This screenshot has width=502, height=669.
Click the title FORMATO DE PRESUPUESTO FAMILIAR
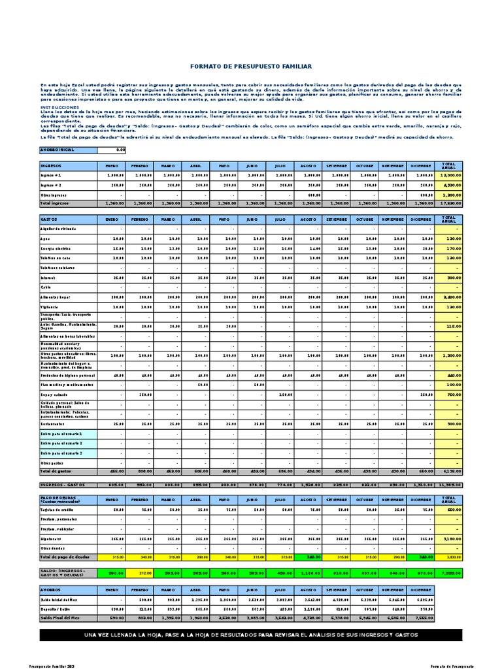(251, 66)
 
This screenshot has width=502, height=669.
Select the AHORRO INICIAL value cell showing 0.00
(111, 150)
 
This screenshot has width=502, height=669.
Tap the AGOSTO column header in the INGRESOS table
(308, 166)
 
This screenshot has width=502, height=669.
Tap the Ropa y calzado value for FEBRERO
(139, 394)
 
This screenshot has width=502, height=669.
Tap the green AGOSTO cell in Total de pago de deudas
(308, 557)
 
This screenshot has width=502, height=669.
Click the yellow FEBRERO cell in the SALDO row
(139, 572)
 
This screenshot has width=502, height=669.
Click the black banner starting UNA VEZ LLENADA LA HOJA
(251, 635)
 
